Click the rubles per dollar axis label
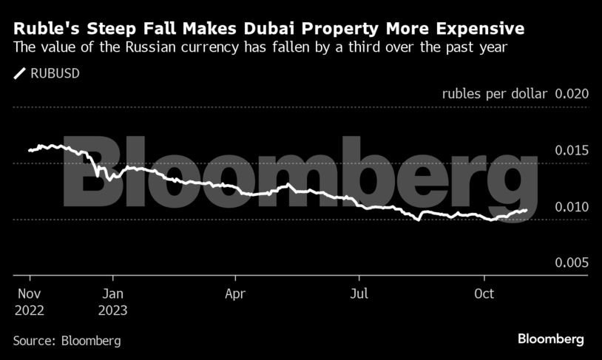tap(495, 94)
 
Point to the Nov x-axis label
tap(28, 293)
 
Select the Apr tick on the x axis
tap(235, 293)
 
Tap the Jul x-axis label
tap(359, 293)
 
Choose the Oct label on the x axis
tap(484, 293)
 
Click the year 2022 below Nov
tap(29, 310)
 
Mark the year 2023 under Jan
tap(112, 310)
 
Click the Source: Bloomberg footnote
tap(67, 341)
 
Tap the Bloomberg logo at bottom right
tap(550, 339)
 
